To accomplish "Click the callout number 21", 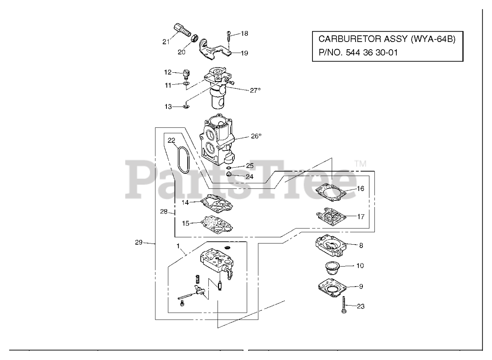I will click(166, 42).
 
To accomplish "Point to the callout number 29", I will click(139, 242).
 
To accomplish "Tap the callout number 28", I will click(164, 212).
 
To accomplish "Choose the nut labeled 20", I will click(194, 38).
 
